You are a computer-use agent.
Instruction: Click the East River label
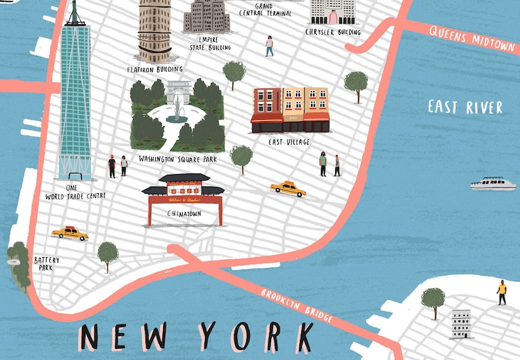point(465,107)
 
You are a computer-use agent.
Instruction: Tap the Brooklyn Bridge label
point(297,305)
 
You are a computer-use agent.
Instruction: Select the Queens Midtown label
point(472,39)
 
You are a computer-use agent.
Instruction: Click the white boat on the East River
point(492,183)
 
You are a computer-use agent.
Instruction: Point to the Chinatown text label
point(184,213)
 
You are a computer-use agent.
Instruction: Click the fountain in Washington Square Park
point(177,108)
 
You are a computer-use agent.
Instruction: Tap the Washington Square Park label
point(177,159)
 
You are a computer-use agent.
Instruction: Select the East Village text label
point(289,141)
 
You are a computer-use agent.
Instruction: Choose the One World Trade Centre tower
point(75,98)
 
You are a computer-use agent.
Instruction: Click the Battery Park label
point(46,264)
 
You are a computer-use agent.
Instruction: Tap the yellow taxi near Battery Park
point(69,233)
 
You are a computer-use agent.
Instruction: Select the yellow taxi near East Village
point(288,189)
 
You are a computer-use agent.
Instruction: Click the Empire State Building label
point(210,43)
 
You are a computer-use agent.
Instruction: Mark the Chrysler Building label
point(333,31)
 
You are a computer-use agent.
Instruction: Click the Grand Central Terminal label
point(265,9)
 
